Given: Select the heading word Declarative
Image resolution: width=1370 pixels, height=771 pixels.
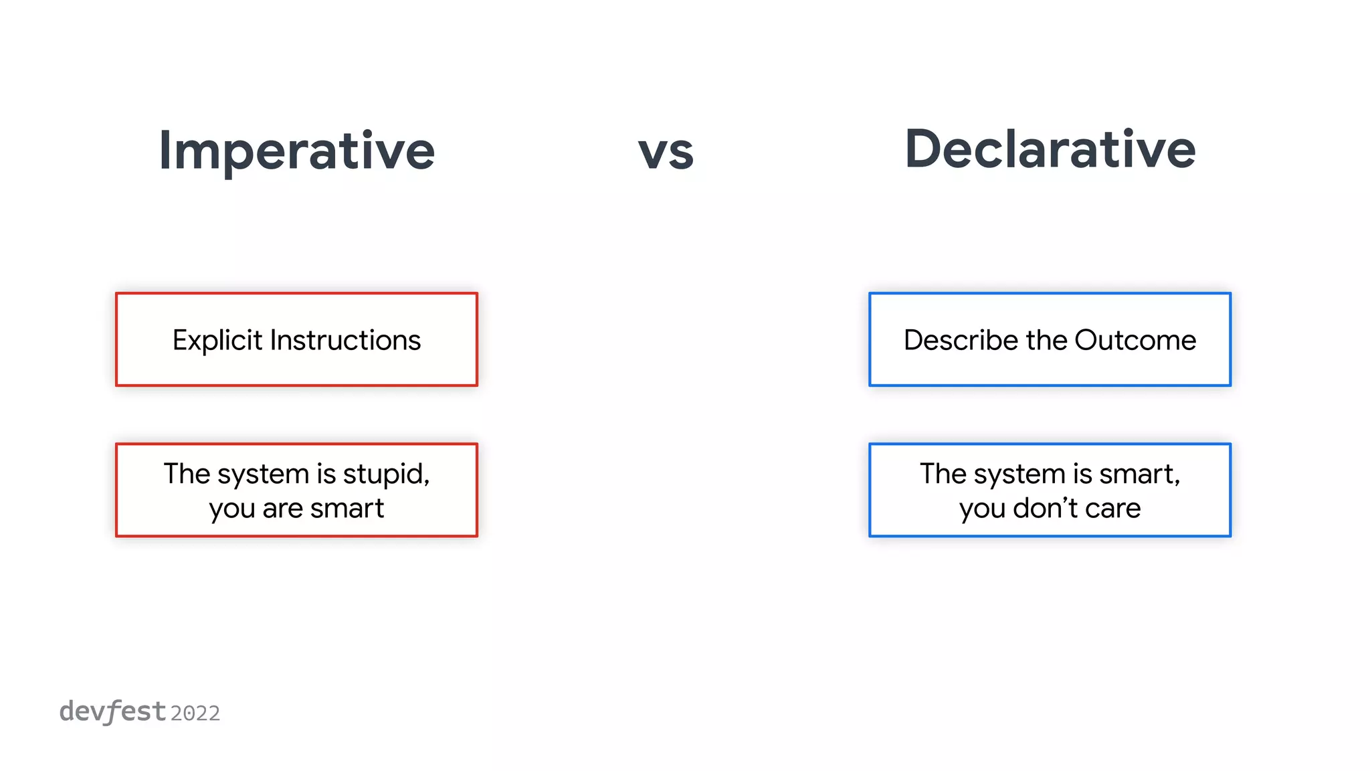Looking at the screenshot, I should click(1050, 149).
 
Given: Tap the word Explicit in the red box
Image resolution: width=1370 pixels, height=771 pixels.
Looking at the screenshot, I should click(217, 341).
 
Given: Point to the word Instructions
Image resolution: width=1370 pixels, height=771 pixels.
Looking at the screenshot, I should click(345, 340).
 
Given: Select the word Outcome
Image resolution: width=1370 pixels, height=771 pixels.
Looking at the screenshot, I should click(1135, 340).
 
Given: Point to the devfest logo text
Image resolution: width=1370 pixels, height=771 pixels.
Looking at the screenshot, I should click(112, 711).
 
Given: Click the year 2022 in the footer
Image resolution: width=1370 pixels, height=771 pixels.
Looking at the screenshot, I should click(195, 713).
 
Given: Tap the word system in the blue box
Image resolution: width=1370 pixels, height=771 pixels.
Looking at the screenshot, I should click(1020, 475).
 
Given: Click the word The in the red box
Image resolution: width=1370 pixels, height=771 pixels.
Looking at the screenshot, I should click(187, 474).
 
